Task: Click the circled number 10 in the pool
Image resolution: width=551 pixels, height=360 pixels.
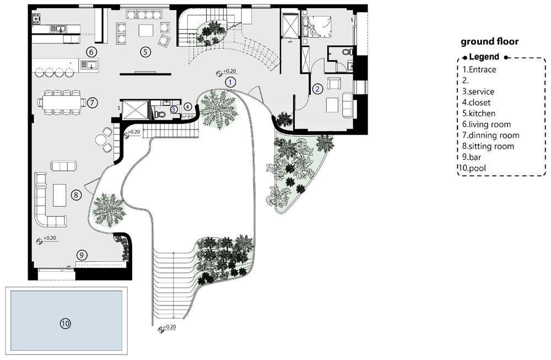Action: click(66, 324)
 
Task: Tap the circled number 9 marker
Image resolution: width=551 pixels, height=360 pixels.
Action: click(82, 255)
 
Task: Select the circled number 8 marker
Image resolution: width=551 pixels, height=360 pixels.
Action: click(76, 195)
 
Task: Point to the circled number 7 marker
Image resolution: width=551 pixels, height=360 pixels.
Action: click(91, 103)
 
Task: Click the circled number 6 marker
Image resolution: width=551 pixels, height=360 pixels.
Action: click(91, 52)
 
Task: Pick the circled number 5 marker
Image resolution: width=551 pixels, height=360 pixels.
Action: click(145, 52)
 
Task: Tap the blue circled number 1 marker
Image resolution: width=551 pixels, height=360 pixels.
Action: click(230, 82)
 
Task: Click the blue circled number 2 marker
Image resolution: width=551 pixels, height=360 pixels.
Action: click(317, 89)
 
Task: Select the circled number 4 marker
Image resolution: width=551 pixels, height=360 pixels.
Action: click(188, 107)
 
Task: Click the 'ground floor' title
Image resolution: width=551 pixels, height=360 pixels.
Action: click(489, 41)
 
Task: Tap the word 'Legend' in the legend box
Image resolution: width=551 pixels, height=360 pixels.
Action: click(484, 57)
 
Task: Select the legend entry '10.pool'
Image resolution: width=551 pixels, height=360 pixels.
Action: click(473, 168)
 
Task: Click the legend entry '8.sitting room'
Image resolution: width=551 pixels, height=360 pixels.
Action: click(488, 146)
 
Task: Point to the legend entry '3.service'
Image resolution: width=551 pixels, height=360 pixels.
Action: click(478, 92)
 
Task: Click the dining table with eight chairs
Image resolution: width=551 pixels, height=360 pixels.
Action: click(62, 103)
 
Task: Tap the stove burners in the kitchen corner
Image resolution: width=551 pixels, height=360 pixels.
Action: click(36, 19)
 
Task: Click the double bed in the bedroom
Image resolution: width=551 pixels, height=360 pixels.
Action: click(317, 26)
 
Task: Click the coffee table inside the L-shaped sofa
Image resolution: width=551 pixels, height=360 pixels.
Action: click(60, 195)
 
